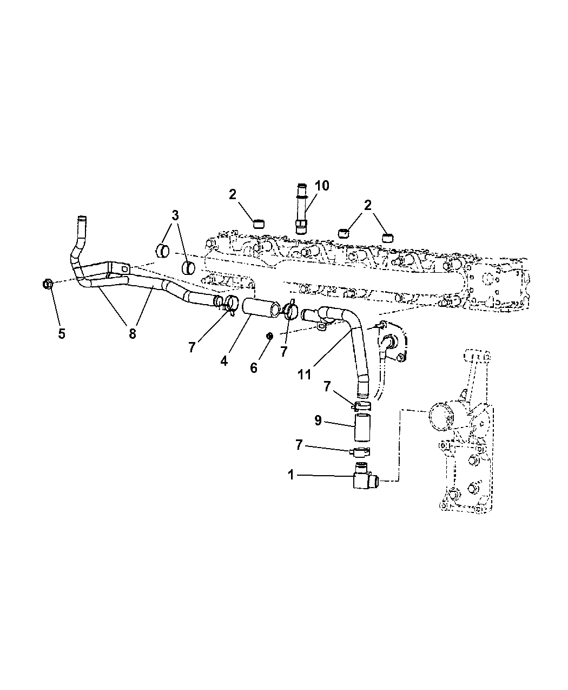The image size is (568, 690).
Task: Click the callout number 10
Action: pyautogui.click(x=322, y=186)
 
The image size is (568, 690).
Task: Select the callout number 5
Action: pyautogui.click(x=62, y=334)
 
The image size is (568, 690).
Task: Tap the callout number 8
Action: pyautogui.click(x=132, y=334)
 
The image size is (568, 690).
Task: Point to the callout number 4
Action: pyautogui.click(x=224, y=361)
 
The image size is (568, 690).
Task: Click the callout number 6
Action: pyautogui.click(x=253, y=368)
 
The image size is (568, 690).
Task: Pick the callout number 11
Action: pyautogui.click(x=305, y=374)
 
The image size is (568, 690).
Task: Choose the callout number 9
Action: pyautogui.click(x=318, y=420)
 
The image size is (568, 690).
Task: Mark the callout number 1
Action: pyautogui.click(x=291, y=475)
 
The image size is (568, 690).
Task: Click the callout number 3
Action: pyautogui.click(x=175, y=215)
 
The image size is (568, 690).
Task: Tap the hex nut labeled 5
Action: pyautogui.click(x=48, y=284)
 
